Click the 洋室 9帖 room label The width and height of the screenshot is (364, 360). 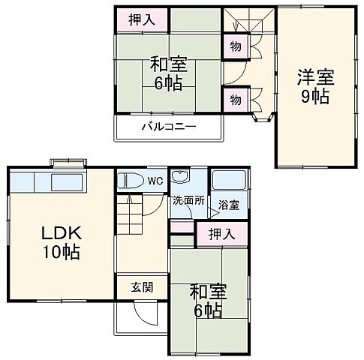(314, 86)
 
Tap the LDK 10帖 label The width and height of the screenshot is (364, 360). (56, 241)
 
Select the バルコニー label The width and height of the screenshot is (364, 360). (169, 126)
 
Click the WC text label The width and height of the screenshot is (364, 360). (155, 181)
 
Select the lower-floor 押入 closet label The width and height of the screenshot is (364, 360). (221, 234)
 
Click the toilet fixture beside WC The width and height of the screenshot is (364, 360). (131, 181)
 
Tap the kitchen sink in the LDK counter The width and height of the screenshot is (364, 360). (67, 183)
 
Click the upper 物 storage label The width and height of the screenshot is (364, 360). (236, 46)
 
